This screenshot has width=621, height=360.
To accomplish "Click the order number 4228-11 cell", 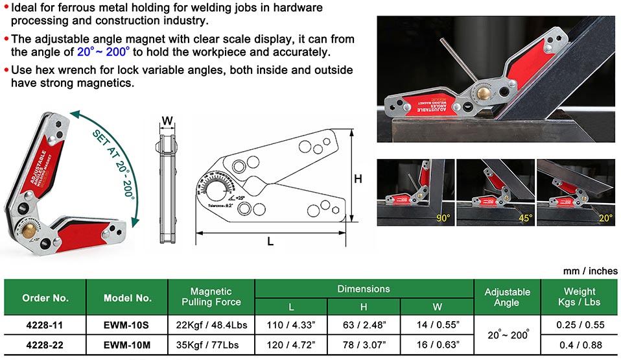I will (x=45, y=323).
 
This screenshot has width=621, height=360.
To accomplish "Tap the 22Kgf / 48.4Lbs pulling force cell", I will (x=211, y=323).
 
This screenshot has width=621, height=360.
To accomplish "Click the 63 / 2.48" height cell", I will (x=364, y=323).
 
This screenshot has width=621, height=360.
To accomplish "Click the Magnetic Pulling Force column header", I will (x=211, y=296).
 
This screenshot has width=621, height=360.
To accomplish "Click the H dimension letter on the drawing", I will (x=357, y=179).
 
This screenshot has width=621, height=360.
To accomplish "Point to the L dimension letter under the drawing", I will (x=270, y=241).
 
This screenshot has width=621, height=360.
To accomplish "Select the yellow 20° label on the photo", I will (x=605, y=218).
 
